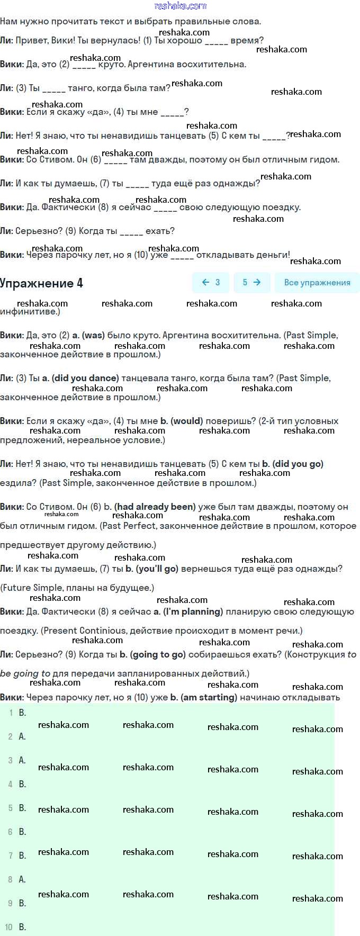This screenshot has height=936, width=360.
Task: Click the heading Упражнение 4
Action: tap(41, 283)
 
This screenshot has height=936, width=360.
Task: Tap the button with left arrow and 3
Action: tap(211, 283)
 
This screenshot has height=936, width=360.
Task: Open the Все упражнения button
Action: tap(317, 283)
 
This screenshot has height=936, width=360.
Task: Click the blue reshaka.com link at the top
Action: tap(180, 6)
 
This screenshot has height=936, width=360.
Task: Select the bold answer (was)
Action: tap(93, 335)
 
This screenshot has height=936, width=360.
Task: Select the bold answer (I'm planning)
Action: tap(193, 611)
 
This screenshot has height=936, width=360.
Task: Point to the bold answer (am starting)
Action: tap(209, 697)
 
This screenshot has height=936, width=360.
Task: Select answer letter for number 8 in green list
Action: tap(22, 879)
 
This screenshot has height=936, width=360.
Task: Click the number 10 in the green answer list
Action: tap(8, 927)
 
